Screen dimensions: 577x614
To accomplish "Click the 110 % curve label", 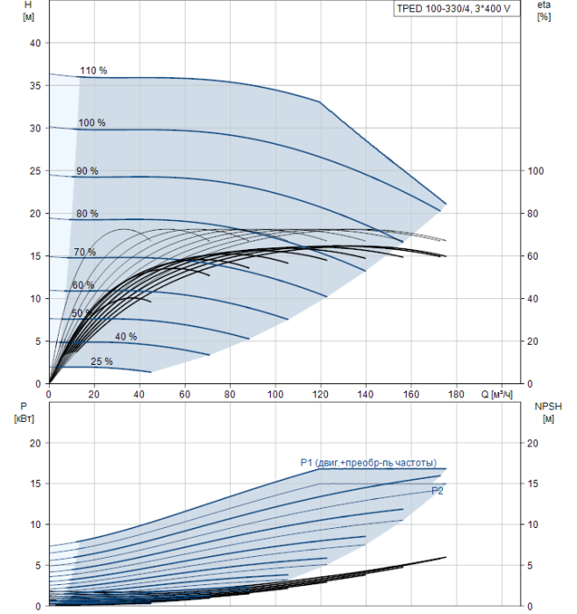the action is tap(94, 70).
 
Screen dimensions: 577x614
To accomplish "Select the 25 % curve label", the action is tap(102, 361).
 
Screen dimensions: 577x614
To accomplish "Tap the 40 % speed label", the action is tap(125, 336).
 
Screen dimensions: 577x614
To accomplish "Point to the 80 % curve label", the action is tap(88, 213).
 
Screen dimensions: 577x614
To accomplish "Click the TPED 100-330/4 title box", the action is tap(457, 9).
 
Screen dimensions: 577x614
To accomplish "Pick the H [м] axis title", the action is tap(28, 11).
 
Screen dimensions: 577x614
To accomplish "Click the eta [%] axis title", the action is tap(544, 11).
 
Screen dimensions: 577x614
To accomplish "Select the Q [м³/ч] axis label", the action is tap(496, 394).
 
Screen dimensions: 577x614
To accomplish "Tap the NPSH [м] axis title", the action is tap(548, 413).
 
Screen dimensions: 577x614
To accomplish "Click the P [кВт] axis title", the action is tap(24, 413).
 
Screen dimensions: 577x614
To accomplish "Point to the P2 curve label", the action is tap(438, 491).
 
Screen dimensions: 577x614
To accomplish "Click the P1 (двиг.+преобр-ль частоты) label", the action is tap(368, 463).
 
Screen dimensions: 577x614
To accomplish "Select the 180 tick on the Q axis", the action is tap(457, 394).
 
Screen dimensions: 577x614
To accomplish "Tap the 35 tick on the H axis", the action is tap(35, 86).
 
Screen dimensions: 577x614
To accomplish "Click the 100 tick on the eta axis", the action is tap(536, 171).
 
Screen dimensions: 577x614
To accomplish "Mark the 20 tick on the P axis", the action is tap(35, 443).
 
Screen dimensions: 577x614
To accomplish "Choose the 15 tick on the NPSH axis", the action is tap(532, 483).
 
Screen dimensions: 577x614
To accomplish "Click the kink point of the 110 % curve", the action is tap(320, 102).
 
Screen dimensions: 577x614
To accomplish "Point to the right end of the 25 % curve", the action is tap(151, 372).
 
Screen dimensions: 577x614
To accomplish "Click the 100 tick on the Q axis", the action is tap(275, 394).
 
